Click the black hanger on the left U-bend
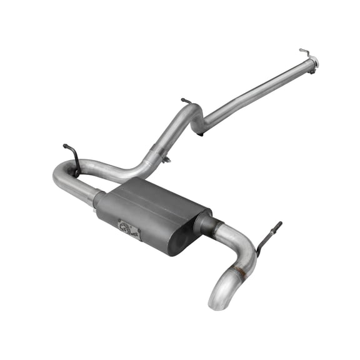(72, 157)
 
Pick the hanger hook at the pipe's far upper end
(305, 51)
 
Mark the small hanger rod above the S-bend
(186, 101)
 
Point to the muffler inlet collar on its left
(99, 199)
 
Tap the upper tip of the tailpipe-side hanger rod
(279, 224)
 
